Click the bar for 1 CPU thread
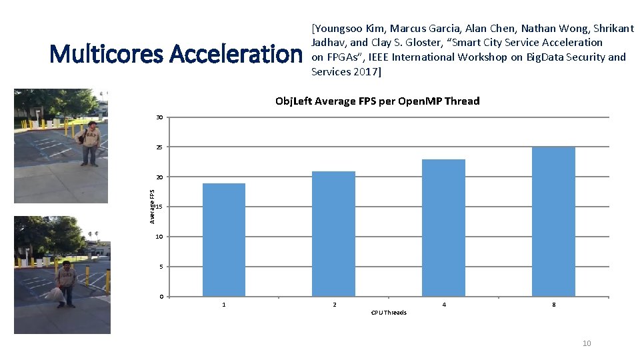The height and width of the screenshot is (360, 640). pyautogui.click(x=224, y=239)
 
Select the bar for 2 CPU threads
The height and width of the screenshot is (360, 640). pyautogui.click(x=333, y=233)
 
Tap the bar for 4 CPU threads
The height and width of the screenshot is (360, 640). pyautogui.click(x=443, y=227)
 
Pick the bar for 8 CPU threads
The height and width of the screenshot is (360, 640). pyautogui.click(x=553, y=221)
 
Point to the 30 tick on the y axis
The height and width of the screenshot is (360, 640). pyautogui.click(x=160, y=117)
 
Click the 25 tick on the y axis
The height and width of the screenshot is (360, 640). pyautogui.click(x=160, y=147)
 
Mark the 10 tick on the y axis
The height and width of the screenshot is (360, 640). pyautogui.click(x=160, y=237)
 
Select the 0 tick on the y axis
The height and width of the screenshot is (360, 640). pyautogui.click(x=161, y=297)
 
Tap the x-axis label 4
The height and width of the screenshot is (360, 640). pyautogui.click(x=444, y=305)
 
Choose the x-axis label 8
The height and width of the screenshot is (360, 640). pyautogui.click(x=553, y=305)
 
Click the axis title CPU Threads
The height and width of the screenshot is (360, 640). pyautogui.click(x=389, y=313)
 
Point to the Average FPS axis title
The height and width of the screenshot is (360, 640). pyautogui.click(x=153, y=207)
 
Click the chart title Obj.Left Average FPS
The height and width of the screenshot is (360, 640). pyautogui.click(x=377, y=101)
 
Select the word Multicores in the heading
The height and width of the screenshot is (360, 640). pyautogui.click(x=106, y=53)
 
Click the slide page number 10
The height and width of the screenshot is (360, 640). pyautogui.click(x=587, y=343)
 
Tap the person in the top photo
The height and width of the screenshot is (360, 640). pyautogui.click(x=89, y=143)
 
